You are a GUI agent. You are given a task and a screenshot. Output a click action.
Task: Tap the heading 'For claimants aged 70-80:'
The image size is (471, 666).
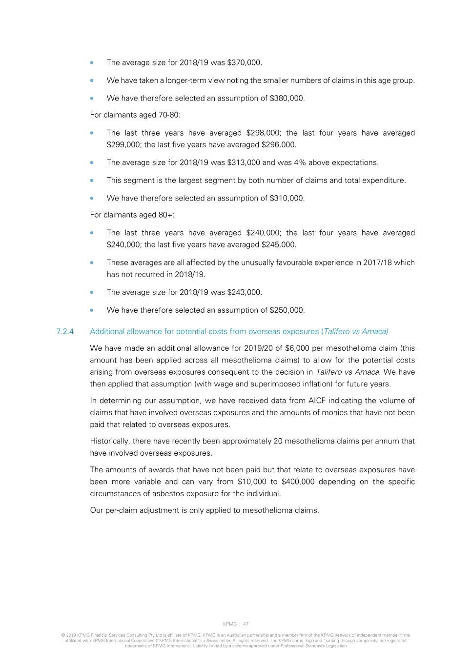coord(135,115)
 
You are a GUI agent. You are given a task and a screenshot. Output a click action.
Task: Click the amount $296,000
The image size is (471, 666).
coord(279,144)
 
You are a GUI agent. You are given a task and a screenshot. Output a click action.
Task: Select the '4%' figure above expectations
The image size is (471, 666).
coord(300,162)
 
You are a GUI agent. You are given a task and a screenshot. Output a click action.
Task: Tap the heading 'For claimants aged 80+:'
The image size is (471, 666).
coord(132,215)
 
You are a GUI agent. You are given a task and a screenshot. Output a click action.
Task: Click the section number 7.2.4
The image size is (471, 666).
coord(65,331)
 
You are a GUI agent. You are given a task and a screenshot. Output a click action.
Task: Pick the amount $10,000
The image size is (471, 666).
coord(252,482)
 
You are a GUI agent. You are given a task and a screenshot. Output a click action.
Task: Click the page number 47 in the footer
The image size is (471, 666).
coord(246,624)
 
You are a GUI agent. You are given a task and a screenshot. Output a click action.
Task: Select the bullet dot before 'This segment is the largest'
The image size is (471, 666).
coord(92,181)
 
